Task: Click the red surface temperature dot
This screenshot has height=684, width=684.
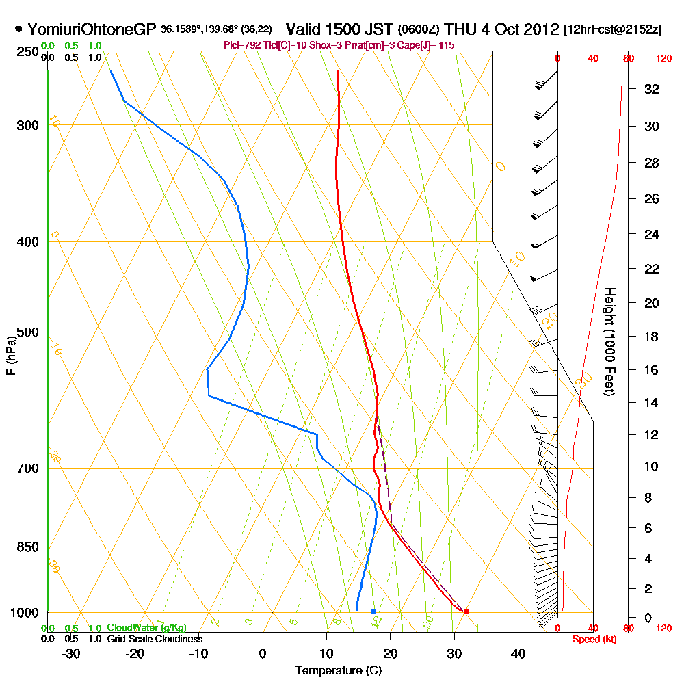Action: [466, 611]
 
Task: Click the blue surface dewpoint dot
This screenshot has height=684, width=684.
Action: [373, 611]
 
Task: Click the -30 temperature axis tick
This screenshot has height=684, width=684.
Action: [70, 653]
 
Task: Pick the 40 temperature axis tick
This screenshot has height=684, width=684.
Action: [518, 653]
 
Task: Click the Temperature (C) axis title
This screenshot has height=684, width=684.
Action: [338, 671]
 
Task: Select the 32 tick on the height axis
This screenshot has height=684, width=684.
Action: [652, 89]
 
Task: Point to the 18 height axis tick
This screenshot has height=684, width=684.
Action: [652, 337]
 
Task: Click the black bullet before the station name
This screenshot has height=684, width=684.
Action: [18, 29]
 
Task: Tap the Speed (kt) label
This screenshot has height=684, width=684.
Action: [592, 639]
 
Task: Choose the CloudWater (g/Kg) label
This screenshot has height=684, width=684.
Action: [146, 627]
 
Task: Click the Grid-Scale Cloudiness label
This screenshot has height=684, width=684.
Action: [155, 639]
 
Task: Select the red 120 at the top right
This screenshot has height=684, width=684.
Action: [663, 59]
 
